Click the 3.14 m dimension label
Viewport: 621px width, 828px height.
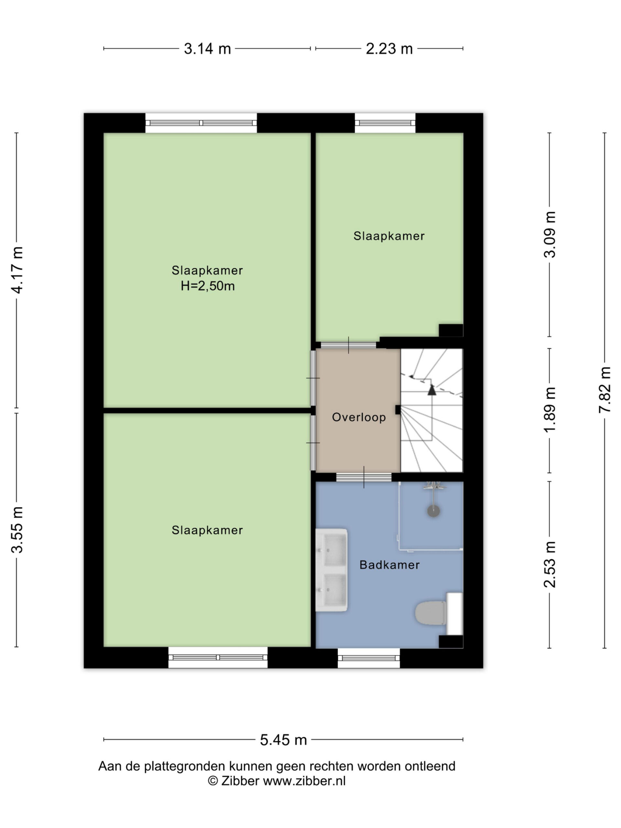click(207, 49)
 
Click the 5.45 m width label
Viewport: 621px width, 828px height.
click(283, 740)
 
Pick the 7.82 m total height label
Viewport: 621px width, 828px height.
click(605, 390)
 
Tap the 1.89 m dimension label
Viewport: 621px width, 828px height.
click(550, 410)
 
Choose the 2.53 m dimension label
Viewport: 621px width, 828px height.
click(550, 564)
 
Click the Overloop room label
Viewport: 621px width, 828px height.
click(359, 417)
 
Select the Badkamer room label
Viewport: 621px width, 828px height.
click(389, 565)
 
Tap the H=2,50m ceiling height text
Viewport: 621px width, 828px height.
click(207, 286)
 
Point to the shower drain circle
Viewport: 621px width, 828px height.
click(433, 511)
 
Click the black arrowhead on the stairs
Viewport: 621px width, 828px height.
click(432, 390)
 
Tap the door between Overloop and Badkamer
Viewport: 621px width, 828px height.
click(364, 477)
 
